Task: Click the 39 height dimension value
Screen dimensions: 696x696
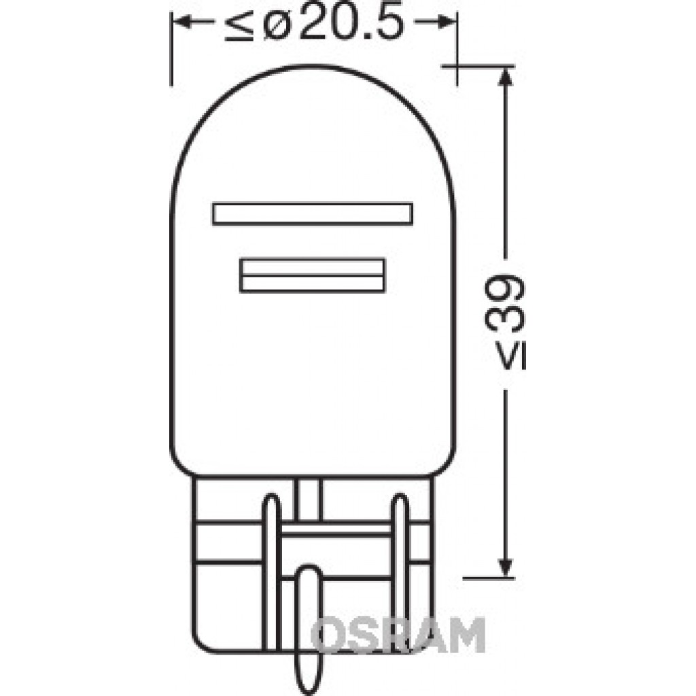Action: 505,304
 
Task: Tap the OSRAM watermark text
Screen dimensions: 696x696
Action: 398,636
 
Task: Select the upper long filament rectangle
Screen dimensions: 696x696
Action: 313,214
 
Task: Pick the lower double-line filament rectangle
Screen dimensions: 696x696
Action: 313,275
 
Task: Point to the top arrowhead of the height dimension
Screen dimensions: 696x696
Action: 505,77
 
